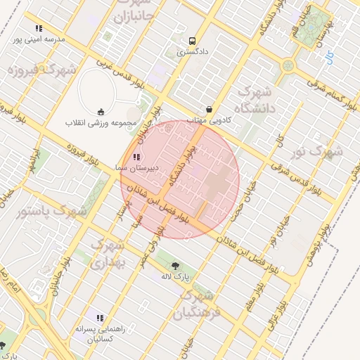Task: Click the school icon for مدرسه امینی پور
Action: click(39, 29)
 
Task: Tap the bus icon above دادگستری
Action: click(192, 41)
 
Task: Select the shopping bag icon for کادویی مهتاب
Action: click(210, 110)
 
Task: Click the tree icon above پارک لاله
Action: click(175, 265)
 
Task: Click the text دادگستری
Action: click(191, 52)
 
